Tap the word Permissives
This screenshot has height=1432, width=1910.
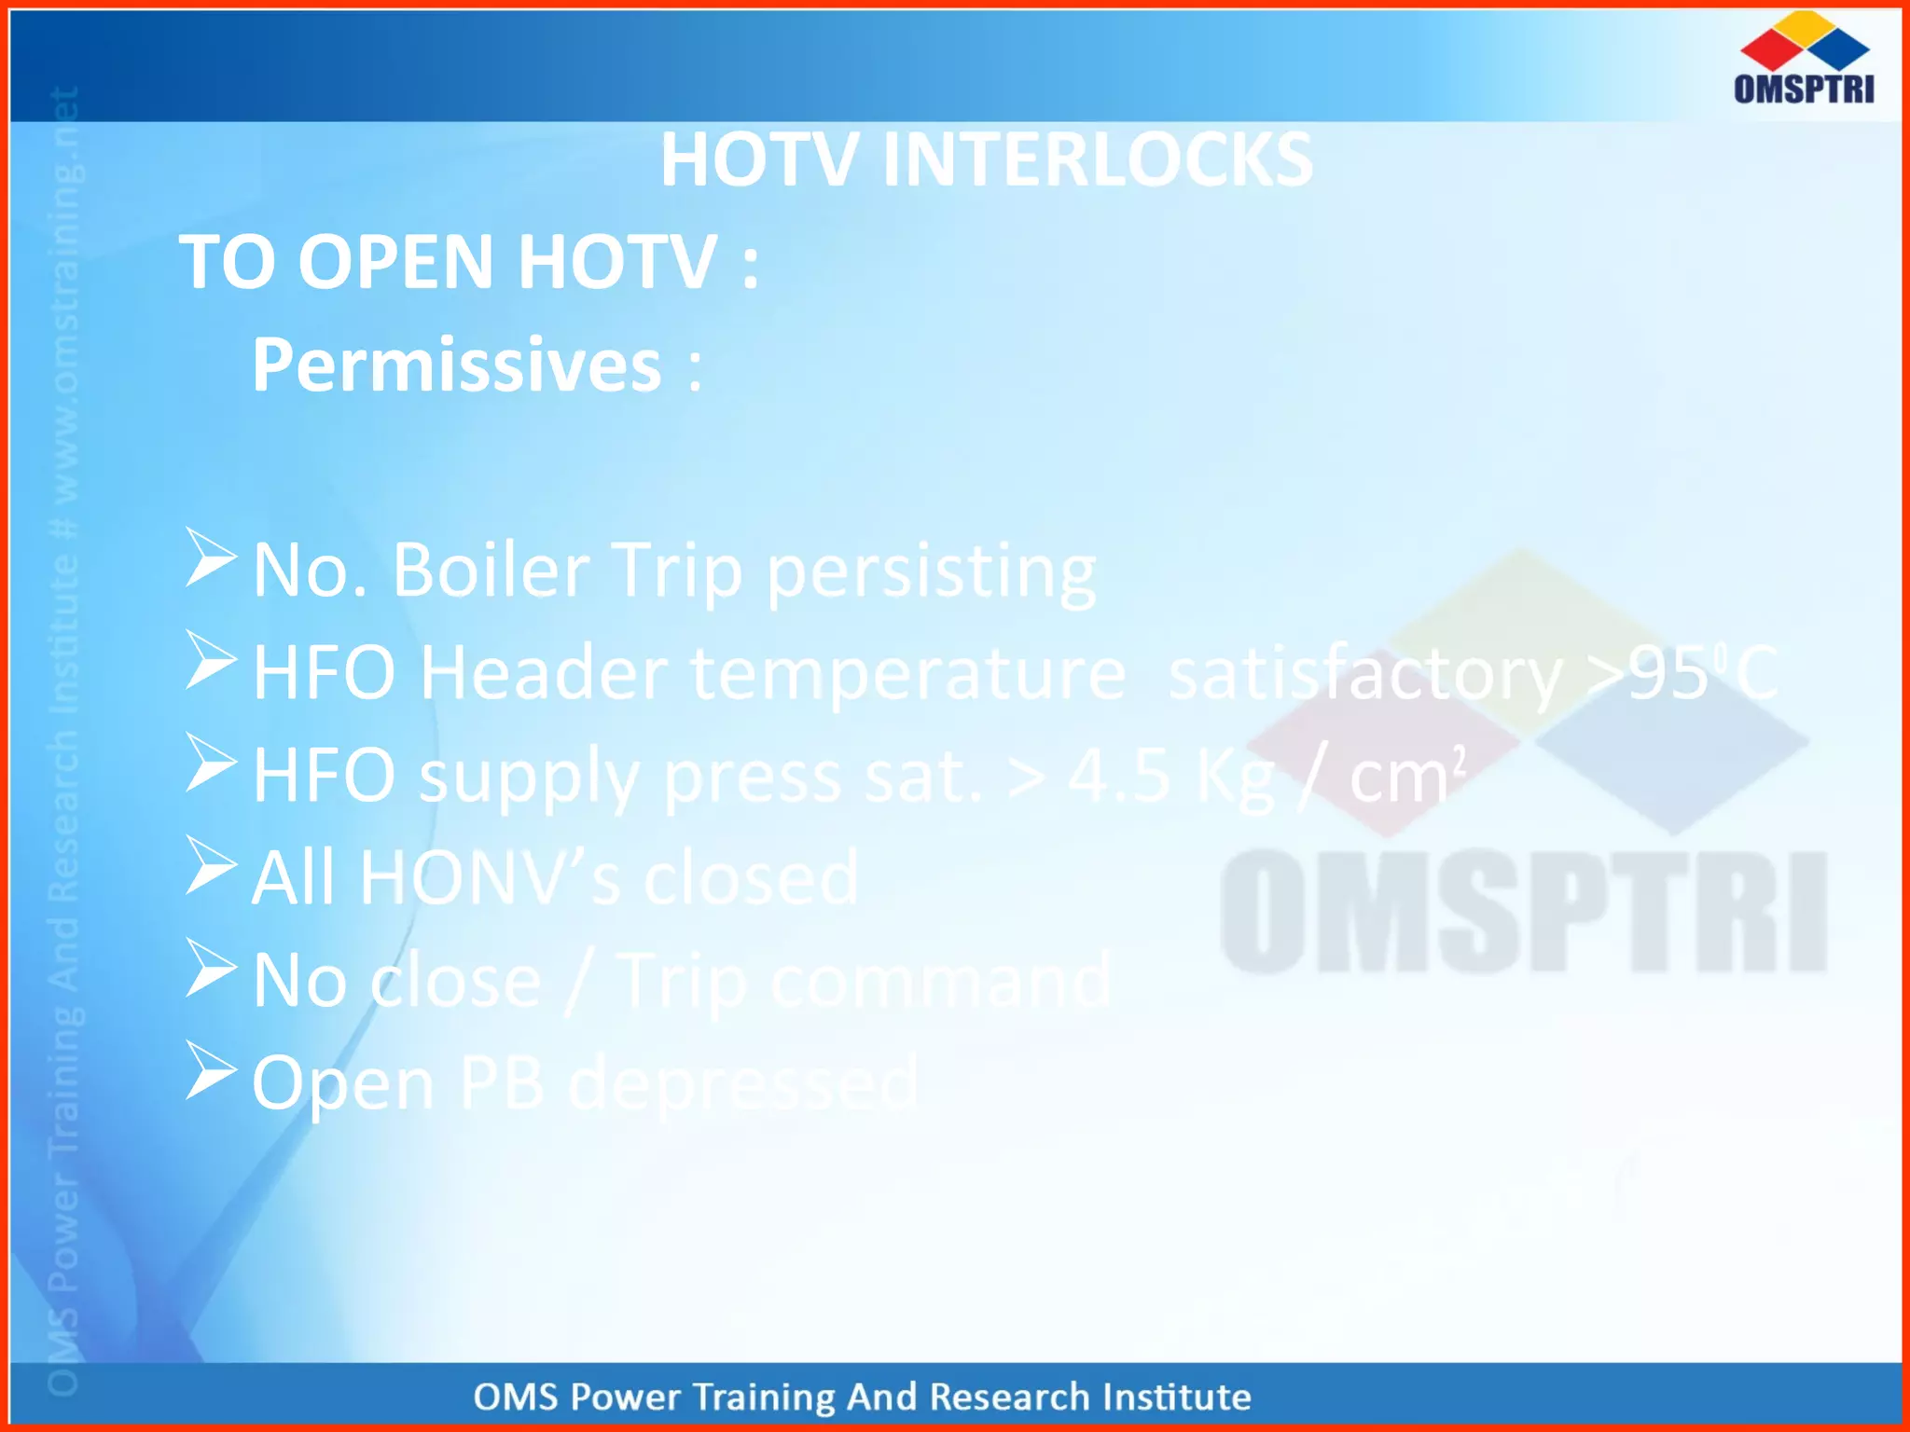click(457, 365)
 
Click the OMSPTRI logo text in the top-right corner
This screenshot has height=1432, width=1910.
click(1804, 89)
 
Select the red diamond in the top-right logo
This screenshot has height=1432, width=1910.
click(1770, 48)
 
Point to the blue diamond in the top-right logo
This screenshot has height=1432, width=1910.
click(1838, 48)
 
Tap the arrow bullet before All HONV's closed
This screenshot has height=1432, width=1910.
click(210, 865)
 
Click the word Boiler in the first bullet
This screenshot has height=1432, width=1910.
click(491, 570)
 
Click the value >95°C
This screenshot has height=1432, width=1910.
click(1684, 672)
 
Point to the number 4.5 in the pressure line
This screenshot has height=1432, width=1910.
click(1119, 775)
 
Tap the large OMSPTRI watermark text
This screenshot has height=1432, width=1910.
click(1524, 912)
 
